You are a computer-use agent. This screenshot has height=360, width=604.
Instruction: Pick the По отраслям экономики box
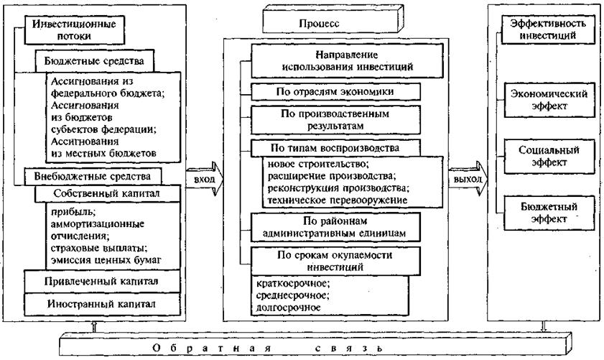[335, 92]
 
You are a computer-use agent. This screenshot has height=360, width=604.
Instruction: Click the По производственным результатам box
[335, 119]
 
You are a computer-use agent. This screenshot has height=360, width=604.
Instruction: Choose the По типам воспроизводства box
[335, 149]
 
